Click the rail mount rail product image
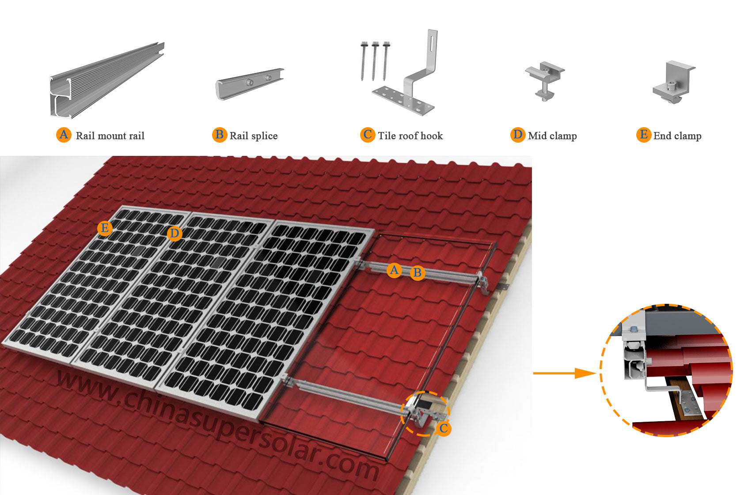point(106,82)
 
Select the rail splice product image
point(250,83)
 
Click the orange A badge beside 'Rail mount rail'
point(64,135)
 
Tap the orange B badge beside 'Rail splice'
point(219,135)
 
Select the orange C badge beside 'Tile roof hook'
point(368,135)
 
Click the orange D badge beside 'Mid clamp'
point(517,135)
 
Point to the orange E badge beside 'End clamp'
point(644,135)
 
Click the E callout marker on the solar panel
point(105,228)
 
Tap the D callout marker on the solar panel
point(175,234)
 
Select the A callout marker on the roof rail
point(394,270)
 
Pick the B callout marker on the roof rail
point(417,273)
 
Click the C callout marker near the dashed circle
point(444,428)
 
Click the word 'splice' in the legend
point(264,136)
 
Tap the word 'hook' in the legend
point(432,136)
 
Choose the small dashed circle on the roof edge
point(425,413)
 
